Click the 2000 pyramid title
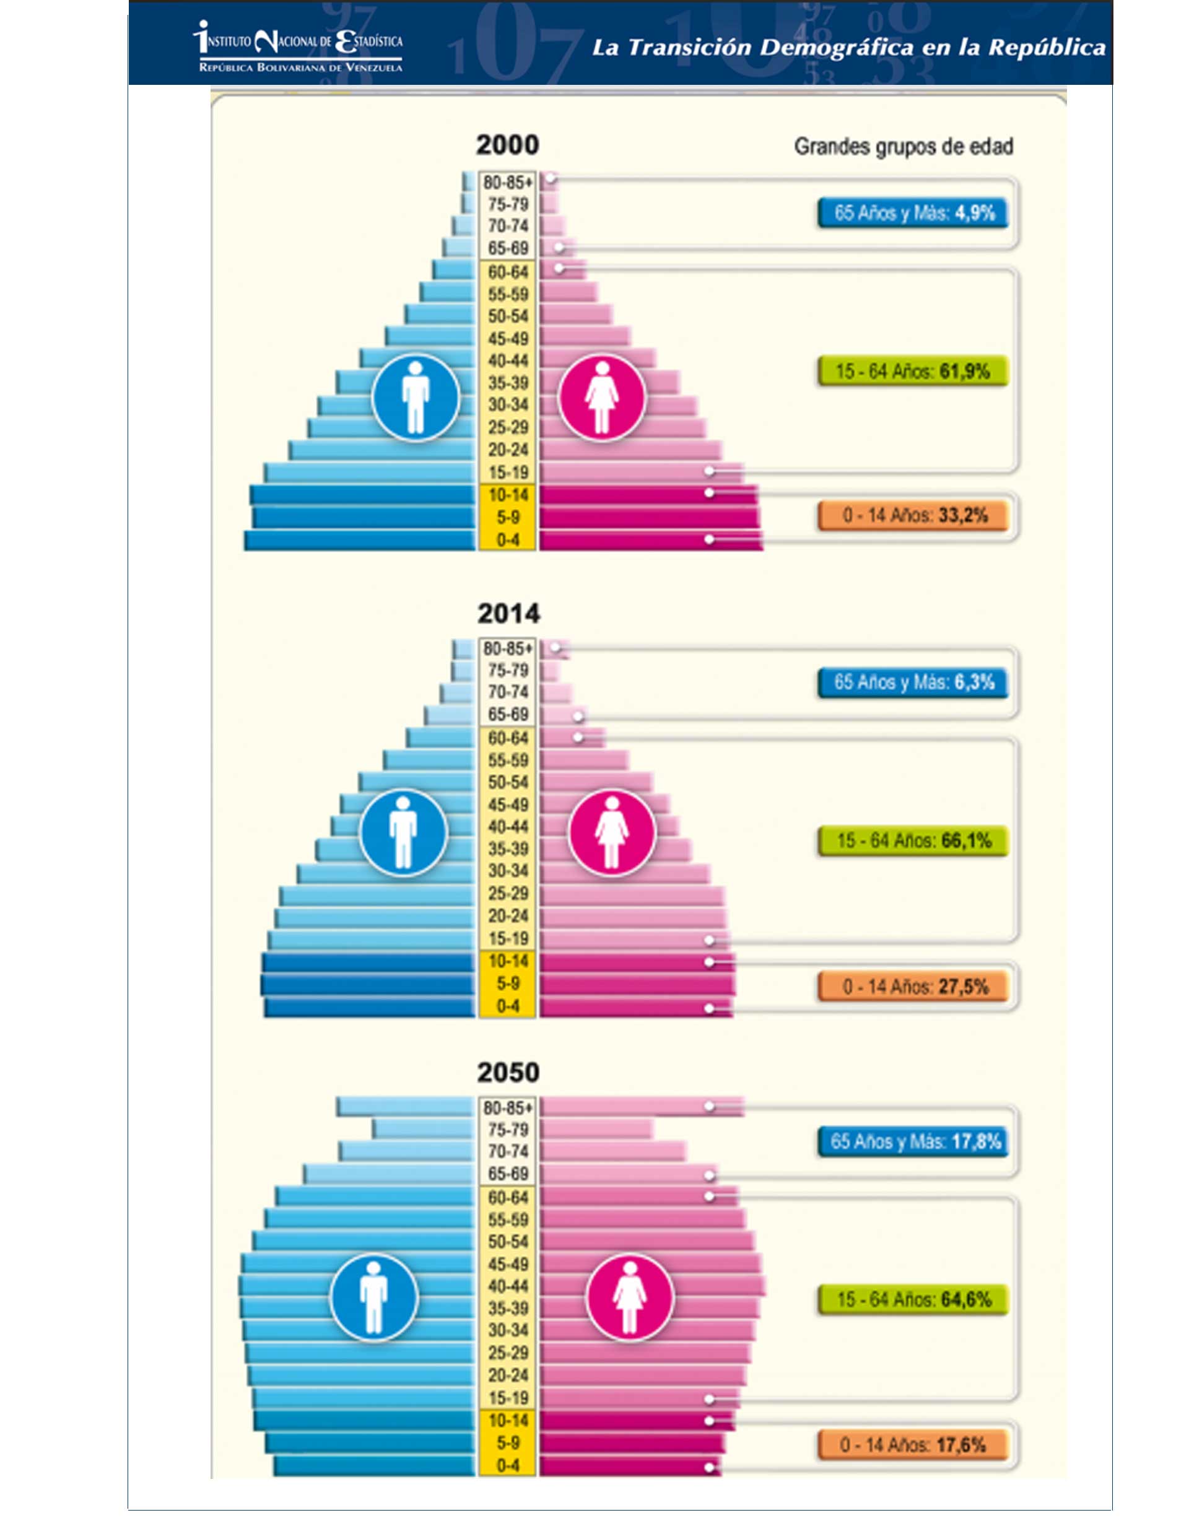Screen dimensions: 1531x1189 point(508,145)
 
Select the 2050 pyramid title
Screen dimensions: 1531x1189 point(508,1073)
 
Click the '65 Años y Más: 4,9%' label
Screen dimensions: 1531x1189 point(913,213)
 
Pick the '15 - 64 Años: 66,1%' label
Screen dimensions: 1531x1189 point(913,840)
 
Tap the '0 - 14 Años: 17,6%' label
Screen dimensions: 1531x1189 point(913,1445)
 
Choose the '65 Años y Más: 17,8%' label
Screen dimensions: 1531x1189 point(913,1141)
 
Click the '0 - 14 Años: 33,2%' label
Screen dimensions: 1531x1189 point(913,516)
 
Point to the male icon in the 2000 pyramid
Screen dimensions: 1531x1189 point(415,397)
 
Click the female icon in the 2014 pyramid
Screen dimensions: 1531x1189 point(611,832)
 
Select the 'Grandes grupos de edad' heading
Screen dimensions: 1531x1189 point(903,147)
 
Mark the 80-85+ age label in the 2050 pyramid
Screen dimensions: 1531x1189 point(508,1107)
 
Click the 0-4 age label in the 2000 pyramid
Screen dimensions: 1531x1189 point(508,540)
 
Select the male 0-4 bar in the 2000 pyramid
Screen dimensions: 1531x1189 point(360,540)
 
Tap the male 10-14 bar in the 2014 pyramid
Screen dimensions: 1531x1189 point(368,961)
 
